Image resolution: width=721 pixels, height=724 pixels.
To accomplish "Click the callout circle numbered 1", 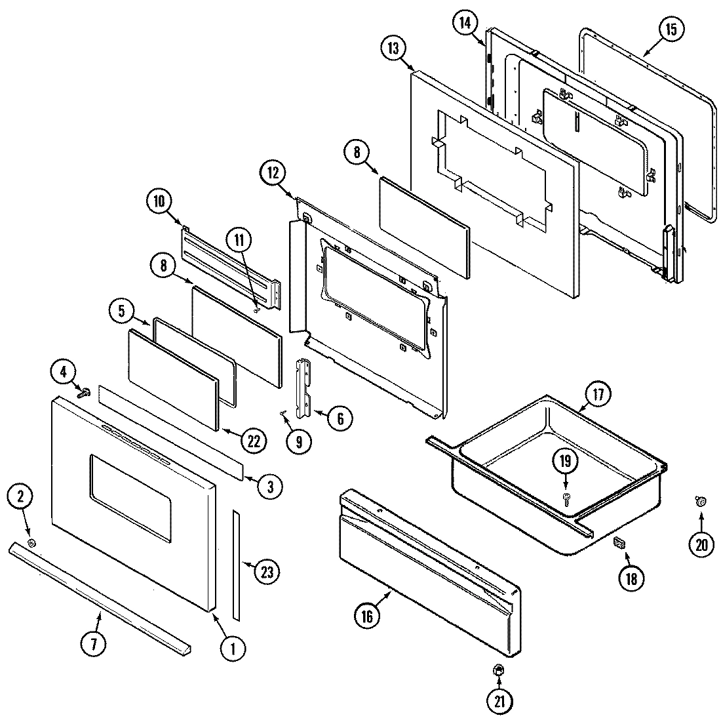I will pyautogui.click(x=229, y=649).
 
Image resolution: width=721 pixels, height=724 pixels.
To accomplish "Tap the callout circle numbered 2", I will pyautogui.click(x=20, y=498).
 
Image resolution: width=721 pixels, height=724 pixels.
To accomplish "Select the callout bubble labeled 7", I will pyautogui.click(x=93, y=644).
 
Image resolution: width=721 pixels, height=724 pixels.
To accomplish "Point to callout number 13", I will pyautogui.click(x=393, y=49).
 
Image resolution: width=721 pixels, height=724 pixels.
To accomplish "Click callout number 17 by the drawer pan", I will pyautogui.click(x=597, y=395).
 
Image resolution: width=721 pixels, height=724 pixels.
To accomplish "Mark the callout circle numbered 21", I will pyautogui.click(x=499, y=702).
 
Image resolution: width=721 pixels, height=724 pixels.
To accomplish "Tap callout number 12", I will pyautogui.click(x=273, y=173).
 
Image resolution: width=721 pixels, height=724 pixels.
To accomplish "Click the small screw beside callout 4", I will pyautogui.click(x=84, y=393).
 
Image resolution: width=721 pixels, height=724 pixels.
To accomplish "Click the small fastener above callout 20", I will pyautogui.click(x=699, y=502).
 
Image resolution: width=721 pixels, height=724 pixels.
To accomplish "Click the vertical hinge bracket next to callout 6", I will pyautogui.click(x=306, y=388).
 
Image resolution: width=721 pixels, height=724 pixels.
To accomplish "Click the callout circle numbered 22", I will pyautogui.click(x=253, y=441).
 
